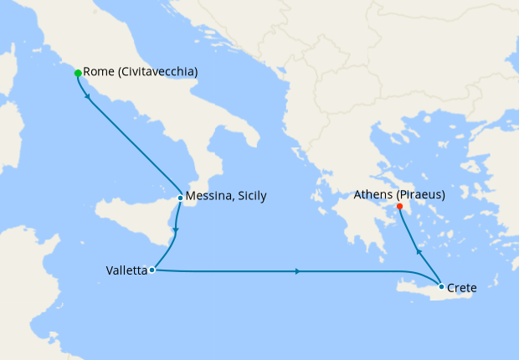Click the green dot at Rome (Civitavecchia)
(78, 73)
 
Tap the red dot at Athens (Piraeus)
(399, 206)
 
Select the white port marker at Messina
(180, 198)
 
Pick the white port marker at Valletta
(152, 270)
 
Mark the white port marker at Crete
(442, 286)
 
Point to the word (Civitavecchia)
(159, 72)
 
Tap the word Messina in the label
(210, 196)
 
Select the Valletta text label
(126, 270)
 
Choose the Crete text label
(462, 287)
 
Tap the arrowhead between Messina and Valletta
(175, 229)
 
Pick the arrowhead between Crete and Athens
(418, 249)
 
